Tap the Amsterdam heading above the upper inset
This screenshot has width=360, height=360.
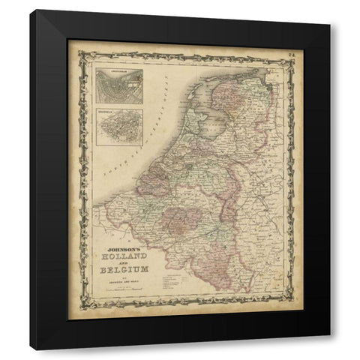pyautogui.click(x=118, y=71)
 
